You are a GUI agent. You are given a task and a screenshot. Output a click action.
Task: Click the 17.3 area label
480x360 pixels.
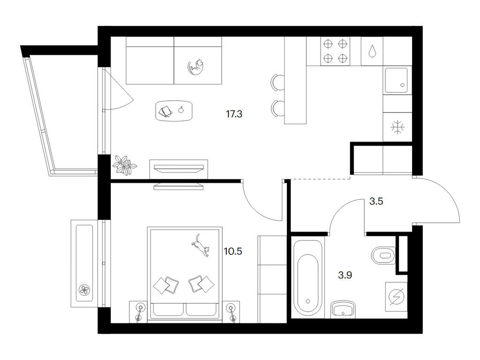tap(234, 114)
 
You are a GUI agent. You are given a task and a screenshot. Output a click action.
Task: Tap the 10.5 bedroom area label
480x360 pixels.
tap(232, 251)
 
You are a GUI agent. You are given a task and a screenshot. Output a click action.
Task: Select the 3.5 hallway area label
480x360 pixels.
tap(376, 202)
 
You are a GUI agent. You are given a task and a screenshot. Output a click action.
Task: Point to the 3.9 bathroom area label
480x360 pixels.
tap(345, 275)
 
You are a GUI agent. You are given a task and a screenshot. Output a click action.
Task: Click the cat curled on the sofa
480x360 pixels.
tap(195, 67)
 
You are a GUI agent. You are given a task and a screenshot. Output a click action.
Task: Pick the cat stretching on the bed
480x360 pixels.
tap(201, 245)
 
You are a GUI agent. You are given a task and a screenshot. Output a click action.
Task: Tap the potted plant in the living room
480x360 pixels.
tap(124, 165)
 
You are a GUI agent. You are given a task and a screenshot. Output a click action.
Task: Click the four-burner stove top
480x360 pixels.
tap(335, 51)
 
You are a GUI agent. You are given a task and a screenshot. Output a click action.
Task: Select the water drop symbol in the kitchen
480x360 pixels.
tap(372, 51)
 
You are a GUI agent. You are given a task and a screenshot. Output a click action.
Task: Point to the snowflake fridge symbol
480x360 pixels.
tap(397, 127)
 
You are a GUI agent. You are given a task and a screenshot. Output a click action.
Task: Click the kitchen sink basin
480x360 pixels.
tap(397, 80)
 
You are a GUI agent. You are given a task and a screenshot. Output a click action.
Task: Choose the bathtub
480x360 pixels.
tap(308, 277)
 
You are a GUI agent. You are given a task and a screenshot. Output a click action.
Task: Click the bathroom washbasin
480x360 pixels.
tap(343, 309)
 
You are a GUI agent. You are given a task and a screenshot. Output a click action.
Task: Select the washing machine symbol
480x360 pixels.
tap(396, 297)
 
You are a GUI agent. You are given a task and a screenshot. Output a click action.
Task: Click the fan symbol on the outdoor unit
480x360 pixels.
tap(84, 290)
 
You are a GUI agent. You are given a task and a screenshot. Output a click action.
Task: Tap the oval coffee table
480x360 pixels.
tap(174, 111)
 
